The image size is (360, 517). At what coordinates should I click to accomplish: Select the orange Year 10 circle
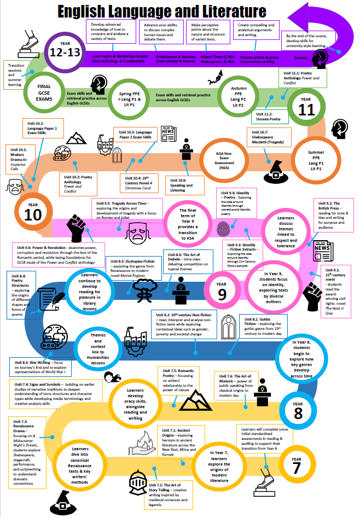pos(33,213)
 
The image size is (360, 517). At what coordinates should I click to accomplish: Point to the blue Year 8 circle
pos(298,411)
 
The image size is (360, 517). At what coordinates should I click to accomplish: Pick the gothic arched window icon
pos(227,327)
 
